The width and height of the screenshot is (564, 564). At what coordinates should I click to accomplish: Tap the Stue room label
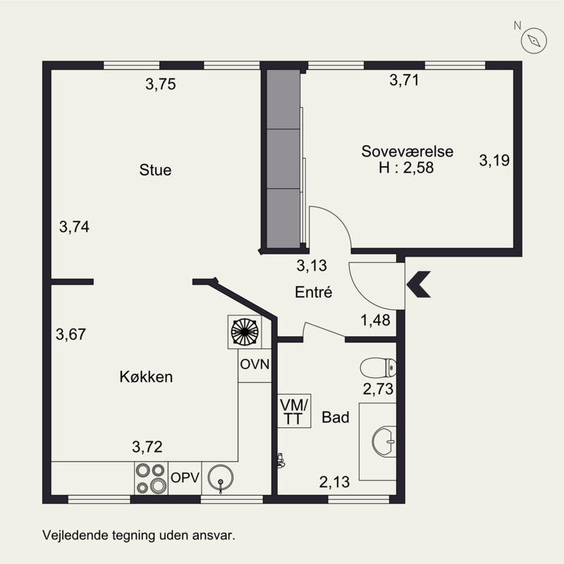[155, 170]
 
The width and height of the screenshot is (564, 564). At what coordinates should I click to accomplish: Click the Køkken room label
[146, 377]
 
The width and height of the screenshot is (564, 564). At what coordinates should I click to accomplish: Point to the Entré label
[314, 292]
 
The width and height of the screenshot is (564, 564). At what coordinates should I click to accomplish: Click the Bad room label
[336, 417]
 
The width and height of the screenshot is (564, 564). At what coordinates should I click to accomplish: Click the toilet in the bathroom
[378, 368]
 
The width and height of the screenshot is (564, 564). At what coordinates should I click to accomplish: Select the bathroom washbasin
[384, 440]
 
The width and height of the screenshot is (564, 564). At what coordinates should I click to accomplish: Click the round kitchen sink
[221, 480]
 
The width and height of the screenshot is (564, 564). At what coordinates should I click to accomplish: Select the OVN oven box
[255, 364]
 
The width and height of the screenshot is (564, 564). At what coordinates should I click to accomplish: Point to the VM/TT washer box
[294, 411]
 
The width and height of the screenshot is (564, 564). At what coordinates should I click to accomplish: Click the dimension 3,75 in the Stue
[160, 85]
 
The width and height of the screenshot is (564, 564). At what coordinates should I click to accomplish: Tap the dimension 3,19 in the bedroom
[494, 160]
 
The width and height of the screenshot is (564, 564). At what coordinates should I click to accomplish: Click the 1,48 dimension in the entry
[376, 321]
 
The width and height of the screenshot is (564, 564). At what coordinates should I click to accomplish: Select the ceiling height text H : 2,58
[406, 168]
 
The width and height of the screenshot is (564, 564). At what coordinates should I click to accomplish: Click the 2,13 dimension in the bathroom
[334, 483]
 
